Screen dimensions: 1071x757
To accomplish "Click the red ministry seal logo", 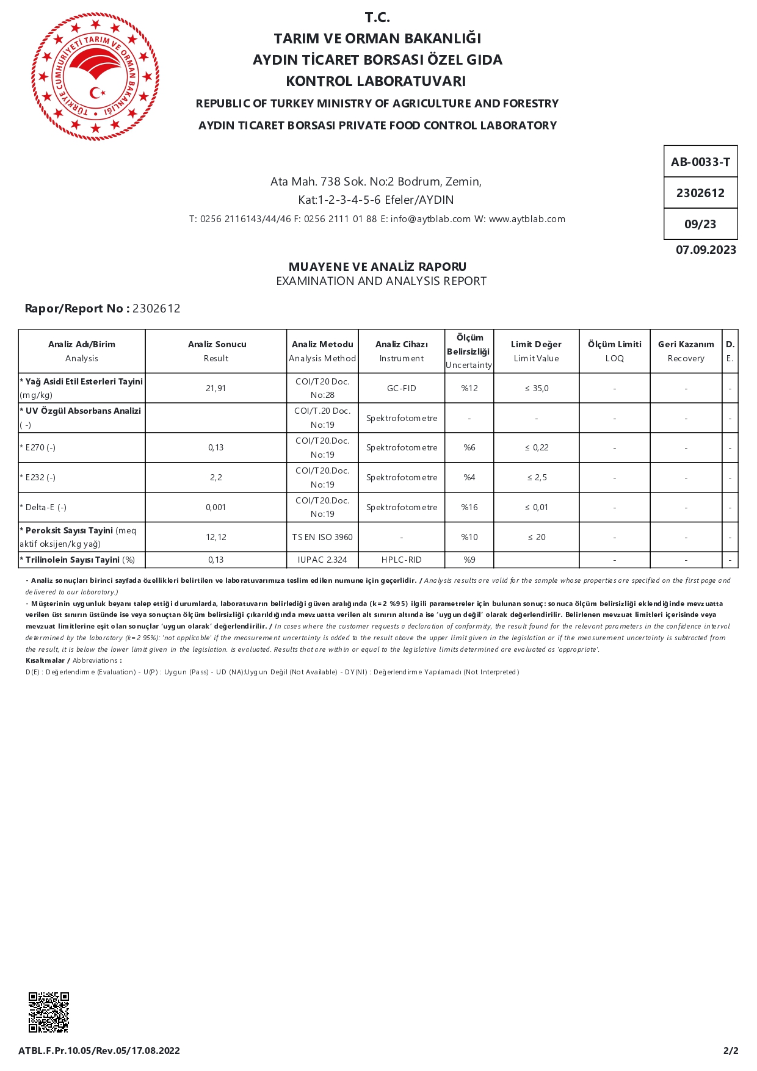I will (95, 76).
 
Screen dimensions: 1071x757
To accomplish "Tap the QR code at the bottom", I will (49, 1012).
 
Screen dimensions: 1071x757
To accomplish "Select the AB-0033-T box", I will (700, 162).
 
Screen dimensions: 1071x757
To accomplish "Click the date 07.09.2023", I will (706, 250).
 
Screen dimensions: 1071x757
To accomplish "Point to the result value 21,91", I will (216, 388).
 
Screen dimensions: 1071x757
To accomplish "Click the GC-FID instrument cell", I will (402, 388).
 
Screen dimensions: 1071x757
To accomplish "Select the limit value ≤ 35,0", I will (537, 388).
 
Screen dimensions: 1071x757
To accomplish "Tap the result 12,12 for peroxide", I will (216, 537).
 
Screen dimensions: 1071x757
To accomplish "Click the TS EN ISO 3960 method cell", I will (322, 537).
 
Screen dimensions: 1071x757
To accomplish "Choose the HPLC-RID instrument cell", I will (402, 560).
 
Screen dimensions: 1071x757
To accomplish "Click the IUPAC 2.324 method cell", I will (322, 560).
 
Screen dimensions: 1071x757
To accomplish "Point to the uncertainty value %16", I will (469, 507).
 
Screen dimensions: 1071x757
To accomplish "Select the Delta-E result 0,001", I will (216, 507).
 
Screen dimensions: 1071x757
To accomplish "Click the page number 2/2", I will (731, 1050).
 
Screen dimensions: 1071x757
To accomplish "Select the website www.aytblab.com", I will (527, 219).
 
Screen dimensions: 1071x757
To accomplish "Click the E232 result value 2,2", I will (216, 477).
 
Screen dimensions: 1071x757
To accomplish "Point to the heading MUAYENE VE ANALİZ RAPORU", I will (377, 267).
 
